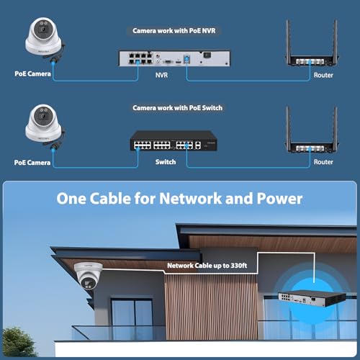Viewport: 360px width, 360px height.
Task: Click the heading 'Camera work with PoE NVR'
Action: click(174, 31)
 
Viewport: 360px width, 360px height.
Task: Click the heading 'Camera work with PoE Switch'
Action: click(178, 108)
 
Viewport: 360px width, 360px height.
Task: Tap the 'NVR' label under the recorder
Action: click(161, 75)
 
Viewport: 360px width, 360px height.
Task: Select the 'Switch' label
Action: click(166, 162)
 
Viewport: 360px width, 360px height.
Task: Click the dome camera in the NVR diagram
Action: click(45, 38)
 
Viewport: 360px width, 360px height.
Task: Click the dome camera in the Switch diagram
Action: click(45, 126)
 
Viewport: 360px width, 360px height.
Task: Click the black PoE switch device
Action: click(174, 141)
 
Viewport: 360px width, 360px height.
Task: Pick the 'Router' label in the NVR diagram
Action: click(323, 75)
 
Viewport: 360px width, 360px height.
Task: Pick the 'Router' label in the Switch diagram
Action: click(323, 162)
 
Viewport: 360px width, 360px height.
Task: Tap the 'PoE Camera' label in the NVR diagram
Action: click(32, 73)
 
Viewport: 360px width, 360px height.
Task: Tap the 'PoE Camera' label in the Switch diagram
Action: click(32, 163)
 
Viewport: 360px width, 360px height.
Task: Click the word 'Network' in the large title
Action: click(191, 199)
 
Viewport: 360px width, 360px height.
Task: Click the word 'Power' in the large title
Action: click(279, 199)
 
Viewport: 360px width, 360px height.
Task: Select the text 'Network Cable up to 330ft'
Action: click(207, 266)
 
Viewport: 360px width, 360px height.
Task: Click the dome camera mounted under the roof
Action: click(89, 276)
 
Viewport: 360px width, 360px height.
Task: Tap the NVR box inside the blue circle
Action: click(312, 298)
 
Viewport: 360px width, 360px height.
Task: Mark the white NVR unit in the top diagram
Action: click(175, 58)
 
